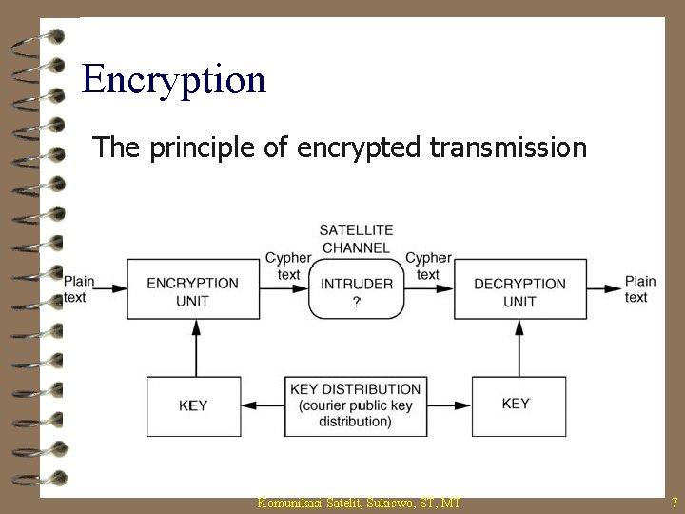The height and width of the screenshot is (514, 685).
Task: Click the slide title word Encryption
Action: [x=174, y=79]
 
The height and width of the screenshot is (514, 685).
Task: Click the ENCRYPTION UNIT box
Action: [x=193, y=291]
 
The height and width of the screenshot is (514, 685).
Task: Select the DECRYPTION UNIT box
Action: [x=519, y=291]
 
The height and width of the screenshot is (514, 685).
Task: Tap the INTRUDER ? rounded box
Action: [x=357, y=291]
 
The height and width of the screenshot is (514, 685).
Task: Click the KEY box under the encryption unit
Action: [x=193, y=405]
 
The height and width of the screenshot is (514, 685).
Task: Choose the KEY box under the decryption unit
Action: [x=515, y=404]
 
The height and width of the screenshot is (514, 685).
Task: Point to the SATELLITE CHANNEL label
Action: [x=356, y=239]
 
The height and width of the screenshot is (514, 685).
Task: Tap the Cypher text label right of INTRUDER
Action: [x=428, y=266]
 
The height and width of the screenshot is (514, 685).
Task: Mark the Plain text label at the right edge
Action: [x=640, y=288]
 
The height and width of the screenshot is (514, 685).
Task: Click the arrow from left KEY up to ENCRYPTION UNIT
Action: [x=194, y=347]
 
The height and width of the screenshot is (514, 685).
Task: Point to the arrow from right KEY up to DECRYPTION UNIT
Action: [x=519, y=347]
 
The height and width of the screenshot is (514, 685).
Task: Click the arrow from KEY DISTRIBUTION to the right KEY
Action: [x=447, y=405]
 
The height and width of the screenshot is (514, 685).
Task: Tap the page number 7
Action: [x=674, y=501]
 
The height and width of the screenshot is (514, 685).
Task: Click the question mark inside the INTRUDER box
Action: [x=357, y=301]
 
